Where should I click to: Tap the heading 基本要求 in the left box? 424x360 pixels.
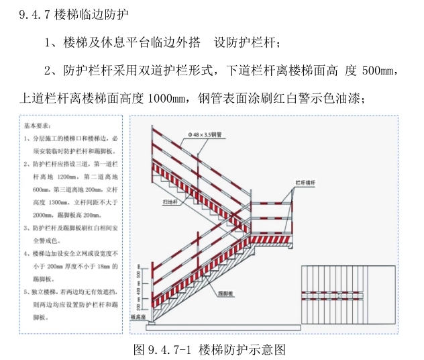[41, 126]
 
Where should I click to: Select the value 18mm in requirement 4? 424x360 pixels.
[105, 265]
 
